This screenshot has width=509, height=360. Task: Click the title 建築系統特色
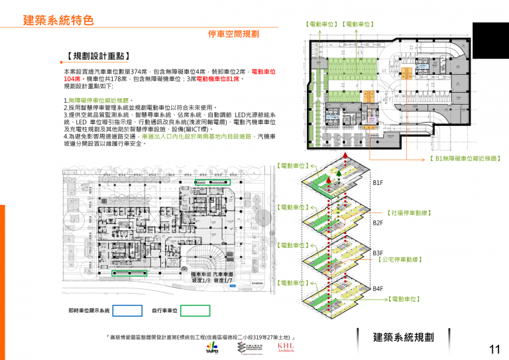pos(58,20)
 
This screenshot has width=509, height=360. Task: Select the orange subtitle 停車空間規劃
pos(233,33)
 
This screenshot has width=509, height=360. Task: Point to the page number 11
pos(494,349)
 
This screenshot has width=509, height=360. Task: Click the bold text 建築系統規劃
pos(403,337)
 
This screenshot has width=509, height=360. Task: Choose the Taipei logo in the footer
pos(212,349)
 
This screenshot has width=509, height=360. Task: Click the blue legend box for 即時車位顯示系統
pos(127,310)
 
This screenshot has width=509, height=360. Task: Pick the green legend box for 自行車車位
pos(196,310)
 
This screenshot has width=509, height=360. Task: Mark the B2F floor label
pos(378,223)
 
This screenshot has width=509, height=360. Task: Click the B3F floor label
pos(378,253)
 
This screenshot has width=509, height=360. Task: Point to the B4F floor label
pos(378,289)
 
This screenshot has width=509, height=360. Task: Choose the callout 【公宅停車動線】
pos(400,260)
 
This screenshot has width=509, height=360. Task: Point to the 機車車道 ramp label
pos(201,274)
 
